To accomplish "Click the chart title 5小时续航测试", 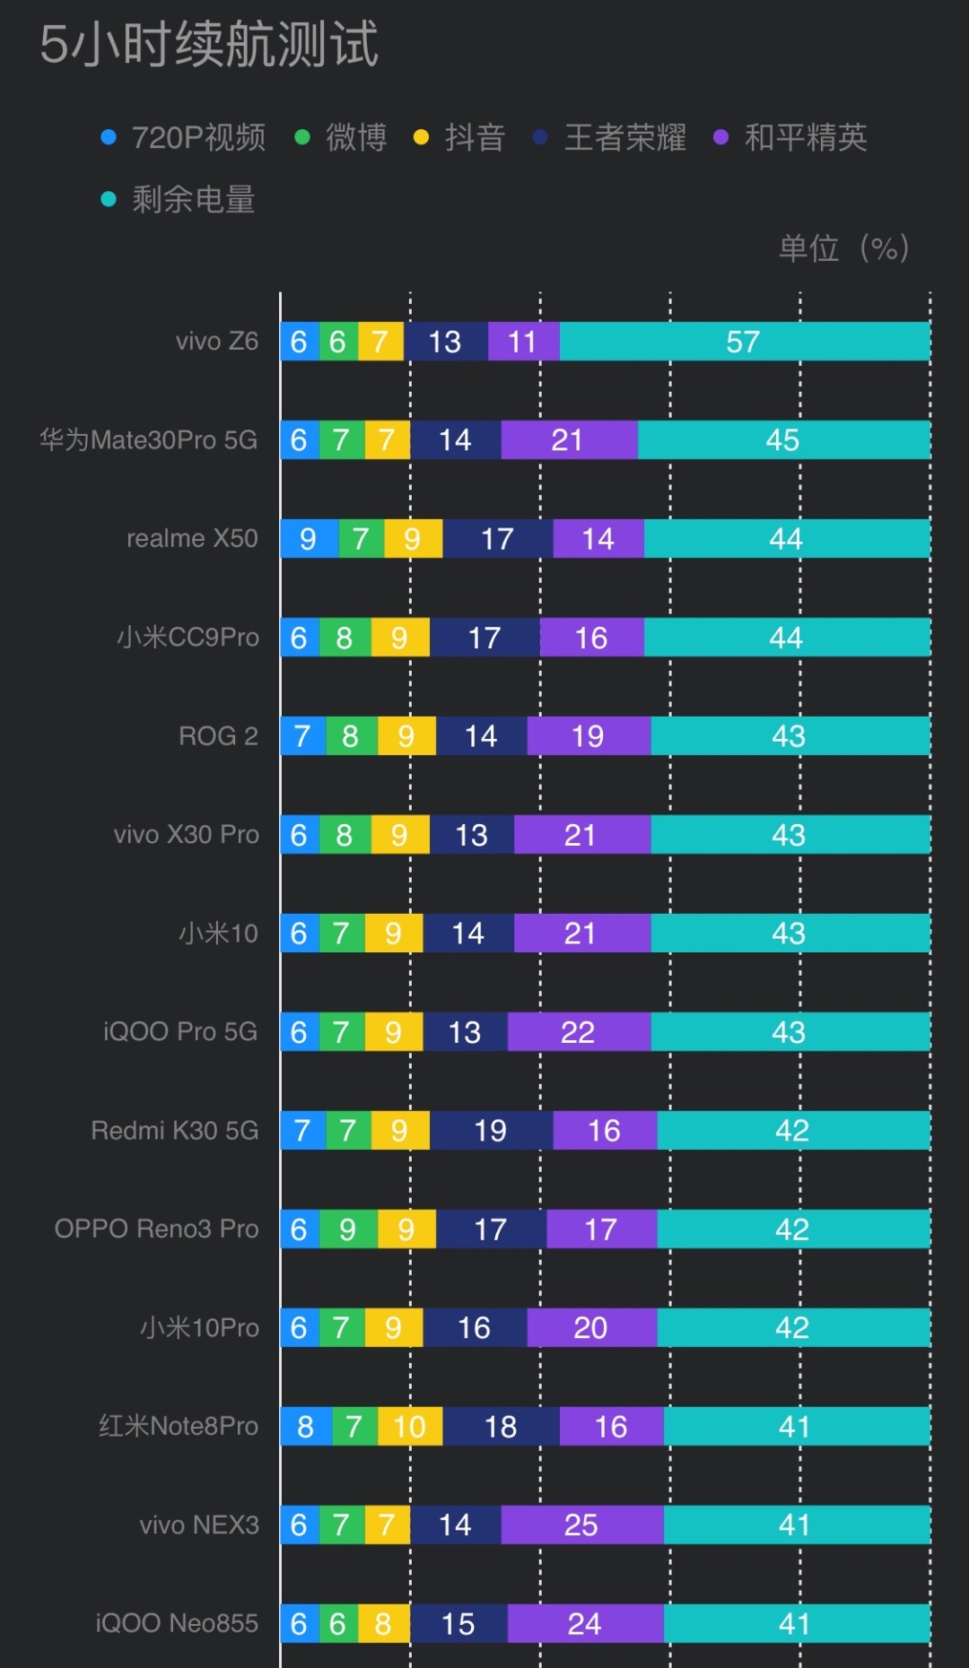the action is [209, 44].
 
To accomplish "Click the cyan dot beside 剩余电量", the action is [109, 199].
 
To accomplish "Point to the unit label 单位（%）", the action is [843, 248].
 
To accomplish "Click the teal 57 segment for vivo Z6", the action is [745, 341].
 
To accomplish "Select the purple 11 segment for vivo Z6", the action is [524, 341].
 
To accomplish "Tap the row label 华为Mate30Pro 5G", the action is [148, 439].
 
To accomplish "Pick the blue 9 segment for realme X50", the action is [310, 538].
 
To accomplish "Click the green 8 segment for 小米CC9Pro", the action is [345, 637].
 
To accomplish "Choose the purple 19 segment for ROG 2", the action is [589, 735].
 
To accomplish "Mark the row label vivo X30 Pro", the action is [186, 834].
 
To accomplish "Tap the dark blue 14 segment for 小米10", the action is [468, 933].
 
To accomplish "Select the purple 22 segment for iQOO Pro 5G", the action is [579, 1031].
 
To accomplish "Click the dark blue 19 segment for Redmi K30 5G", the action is [492, 1130].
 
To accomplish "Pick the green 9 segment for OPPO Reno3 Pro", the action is [348, 1229].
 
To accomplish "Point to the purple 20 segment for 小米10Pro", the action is [592, 1327].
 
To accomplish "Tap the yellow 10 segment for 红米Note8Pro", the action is [410, 1426].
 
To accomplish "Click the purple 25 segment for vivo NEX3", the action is [582, 1525].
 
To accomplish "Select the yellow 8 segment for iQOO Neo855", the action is [384, 1623].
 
